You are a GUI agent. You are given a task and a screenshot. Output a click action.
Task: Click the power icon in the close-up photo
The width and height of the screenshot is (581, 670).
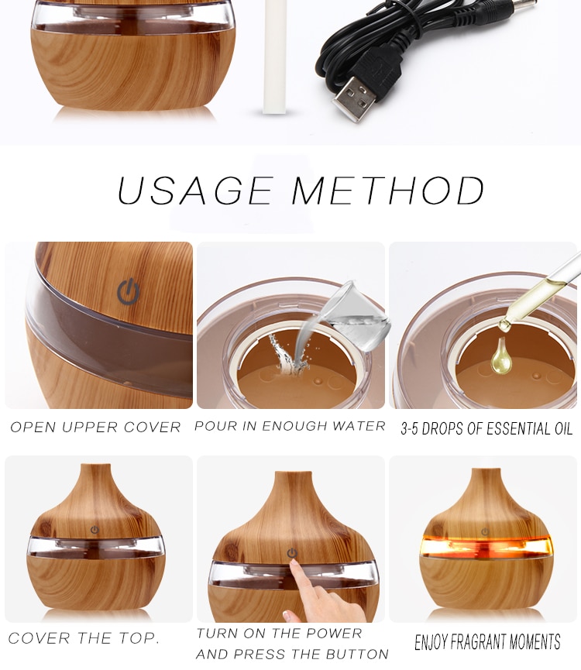click(129, 292)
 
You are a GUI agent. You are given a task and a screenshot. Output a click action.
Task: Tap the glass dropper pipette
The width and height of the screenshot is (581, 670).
click(542, 290)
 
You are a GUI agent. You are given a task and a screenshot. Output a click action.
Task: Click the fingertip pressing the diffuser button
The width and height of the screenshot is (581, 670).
click(293, 565)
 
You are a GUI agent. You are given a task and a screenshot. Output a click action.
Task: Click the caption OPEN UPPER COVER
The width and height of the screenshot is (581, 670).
click(95, 428)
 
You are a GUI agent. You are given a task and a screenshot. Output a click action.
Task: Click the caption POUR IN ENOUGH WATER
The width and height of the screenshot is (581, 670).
click(290, 427)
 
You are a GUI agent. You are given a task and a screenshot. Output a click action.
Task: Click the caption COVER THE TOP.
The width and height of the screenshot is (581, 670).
click(84, 639)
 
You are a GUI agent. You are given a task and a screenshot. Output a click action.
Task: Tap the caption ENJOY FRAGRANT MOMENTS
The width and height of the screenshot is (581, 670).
click(487, 642)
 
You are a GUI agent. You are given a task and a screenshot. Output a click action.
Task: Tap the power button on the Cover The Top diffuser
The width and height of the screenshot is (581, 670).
click(95, 530)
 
